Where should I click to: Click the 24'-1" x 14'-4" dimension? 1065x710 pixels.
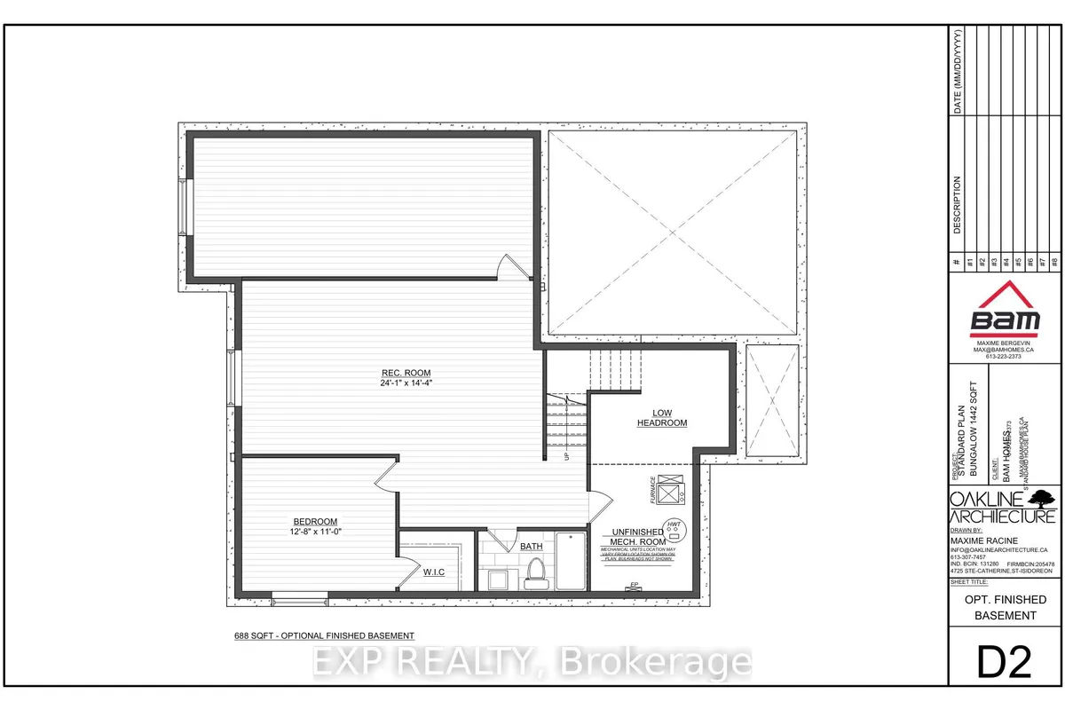click(404, 383)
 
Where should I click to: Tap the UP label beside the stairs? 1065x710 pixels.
click(567, 456)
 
